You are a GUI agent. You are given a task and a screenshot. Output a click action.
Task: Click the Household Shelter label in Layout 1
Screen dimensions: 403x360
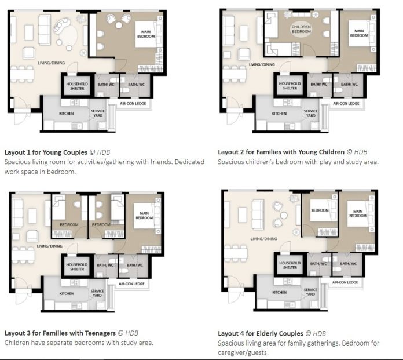tap(77, 86)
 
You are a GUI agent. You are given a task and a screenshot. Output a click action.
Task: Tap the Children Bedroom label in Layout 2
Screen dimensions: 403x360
tap(301, 29)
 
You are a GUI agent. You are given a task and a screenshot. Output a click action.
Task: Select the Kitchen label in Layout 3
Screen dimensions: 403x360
tap(67, 293)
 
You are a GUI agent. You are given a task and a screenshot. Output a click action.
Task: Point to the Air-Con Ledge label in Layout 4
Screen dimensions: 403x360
tap(345, 282)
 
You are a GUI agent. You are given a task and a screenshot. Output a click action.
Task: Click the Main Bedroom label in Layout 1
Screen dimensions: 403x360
tap(146, 34)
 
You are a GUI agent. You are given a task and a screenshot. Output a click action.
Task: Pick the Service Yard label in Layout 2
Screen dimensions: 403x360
tap(311, 113)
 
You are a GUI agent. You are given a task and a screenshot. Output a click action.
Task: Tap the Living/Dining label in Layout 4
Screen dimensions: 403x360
tap(264, 239)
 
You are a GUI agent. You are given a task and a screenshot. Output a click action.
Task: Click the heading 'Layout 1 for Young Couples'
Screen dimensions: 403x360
tap(46, 152)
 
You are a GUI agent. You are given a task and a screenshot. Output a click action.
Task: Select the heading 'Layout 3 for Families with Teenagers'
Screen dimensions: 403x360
tap(60, 333)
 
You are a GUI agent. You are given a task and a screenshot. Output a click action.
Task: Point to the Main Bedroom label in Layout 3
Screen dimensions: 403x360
tap(144, 216)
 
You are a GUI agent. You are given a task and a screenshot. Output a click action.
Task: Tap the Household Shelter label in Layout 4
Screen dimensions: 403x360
tap(290, 266)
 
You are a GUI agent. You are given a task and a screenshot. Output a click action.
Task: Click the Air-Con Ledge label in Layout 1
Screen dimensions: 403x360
tap(133, 103)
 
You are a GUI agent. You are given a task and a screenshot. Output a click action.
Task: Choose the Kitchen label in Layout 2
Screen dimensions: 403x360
tap(279, 114)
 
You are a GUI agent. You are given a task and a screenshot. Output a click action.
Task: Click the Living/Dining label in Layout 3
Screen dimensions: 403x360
tap(50, 246)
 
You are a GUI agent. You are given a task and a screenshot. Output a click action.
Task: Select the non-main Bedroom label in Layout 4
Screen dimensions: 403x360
tap(320, 210)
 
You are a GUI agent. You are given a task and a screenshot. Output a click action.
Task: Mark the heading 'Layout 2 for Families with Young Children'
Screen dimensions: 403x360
tap(281, 152)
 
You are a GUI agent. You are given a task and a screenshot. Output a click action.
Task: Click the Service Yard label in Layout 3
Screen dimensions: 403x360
tap(97, 293)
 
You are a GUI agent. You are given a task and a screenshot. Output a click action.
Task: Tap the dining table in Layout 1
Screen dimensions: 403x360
tap(22, 74)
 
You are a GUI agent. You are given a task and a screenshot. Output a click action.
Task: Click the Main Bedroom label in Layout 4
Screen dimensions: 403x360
tap(358, 213)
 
